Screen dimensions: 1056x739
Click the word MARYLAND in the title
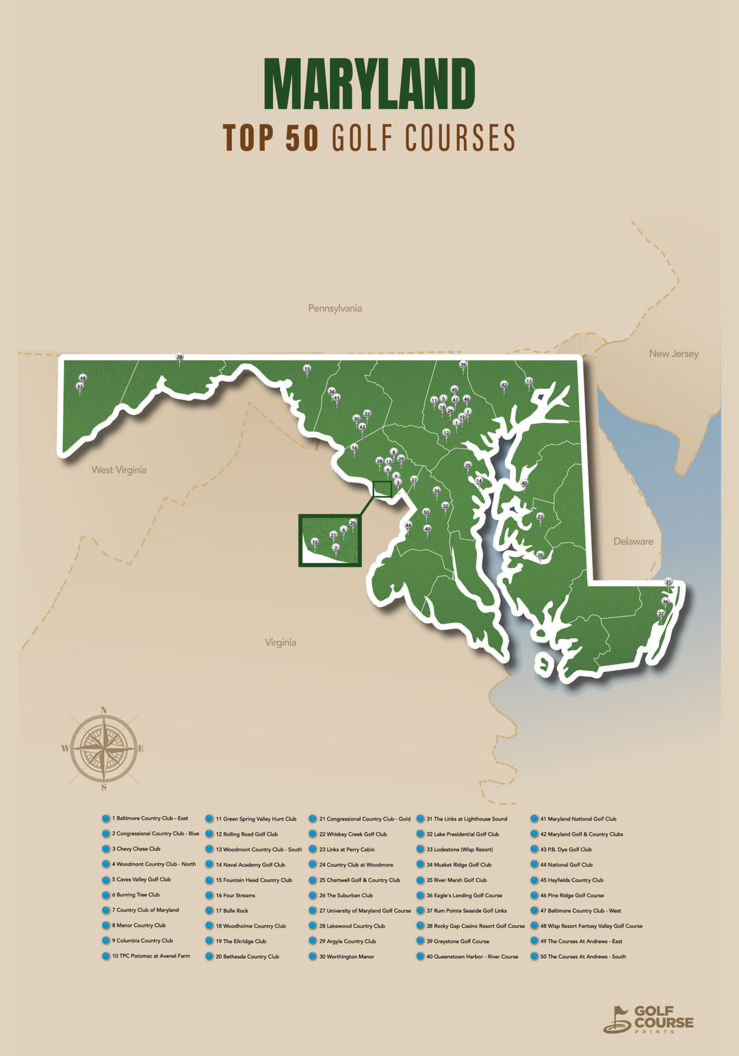click(x=369, y=84)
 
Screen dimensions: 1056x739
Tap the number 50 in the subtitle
click(x=301, y=138)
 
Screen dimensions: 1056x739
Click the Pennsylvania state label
click(x=335, y=309)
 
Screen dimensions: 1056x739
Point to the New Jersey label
click(x=673, y=354)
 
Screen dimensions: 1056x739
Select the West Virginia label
click(x=119, y=470)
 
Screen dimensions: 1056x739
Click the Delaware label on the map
click(x=633, y=541)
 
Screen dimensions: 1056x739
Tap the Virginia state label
click(x=281, y=643)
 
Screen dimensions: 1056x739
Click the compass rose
click(x=103, y=749)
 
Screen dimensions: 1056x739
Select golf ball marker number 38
click(x=180, y=357)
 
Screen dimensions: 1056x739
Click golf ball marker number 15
click(x=307, y=369)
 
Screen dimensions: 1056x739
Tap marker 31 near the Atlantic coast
click(x=669, y=582)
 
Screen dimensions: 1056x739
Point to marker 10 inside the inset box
click(x=315, y=542)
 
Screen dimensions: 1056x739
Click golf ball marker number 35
click(x=540, y=556)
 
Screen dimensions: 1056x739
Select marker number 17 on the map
click(x=528, y=381)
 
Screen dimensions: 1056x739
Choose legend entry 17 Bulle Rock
click(x=232, y=911)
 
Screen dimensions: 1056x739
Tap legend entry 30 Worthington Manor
click(x=346, y=957)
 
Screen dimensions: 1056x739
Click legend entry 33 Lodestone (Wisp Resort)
click(x=459, y=849)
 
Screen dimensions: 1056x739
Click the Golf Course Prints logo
click(x=648, y=1019)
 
